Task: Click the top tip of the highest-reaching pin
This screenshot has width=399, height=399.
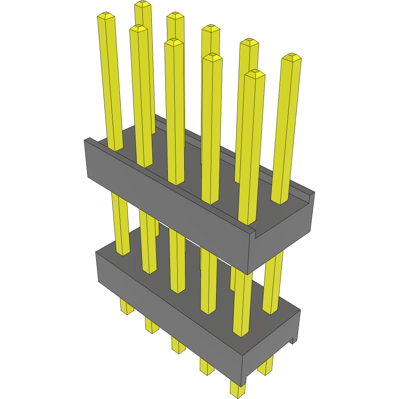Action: (x=143, y=4)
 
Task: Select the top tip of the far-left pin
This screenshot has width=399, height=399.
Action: (x=106, y=16)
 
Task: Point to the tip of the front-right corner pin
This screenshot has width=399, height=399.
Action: (x=254, y=73)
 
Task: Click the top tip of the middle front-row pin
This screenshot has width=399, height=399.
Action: (x=174, y=41)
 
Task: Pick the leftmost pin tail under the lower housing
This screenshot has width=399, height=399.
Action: (x=126, y=307)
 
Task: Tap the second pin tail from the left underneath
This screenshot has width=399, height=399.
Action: (x=152, y=326)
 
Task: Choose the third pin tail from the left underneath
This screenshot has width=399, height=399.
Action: (x=178, y=346)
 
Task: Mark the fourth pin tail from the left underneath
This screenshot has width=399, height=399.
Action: (x=207, y=367)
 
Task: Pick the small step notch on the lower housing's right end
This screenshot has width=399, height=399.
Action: (x=294, y=340)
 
